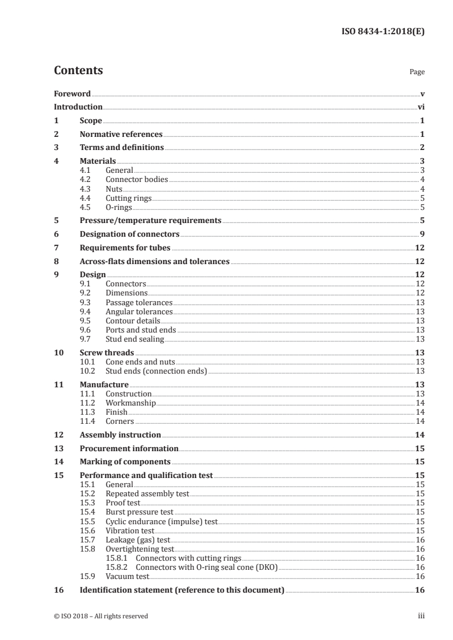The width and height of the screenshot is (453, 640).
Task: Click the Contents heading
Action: tap(78, 71)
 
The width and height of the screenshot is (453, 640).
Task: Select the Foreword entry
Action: tap(72, 94)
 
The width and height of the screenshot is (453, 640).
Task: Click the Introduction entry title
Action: tap(78, 107)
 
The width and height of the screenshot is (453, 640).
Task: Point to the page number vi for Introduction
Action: tap(420, 107)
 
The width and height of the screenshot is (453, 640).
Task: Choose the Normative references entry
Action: tap(121, 135)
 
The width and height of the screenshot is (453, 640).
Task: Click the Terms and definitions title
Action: tap(122, 148)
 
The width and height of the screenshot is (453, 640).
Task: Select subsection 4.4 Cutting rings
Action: tap(129, 199)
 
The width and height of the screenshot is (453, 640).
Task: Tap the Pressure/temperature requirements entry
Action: tap(150, 220)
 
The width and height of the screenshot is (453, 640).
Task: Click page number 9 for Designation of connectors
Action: tap(422, 234)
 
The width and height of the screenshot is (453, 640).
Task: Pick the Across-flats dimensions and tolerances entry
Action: tap(154, 261)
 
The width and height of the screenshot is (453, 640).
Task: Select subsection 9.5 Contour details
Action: tap(133, 321)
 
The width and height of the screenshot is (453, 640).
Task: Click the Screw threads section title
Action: tap(107, 353)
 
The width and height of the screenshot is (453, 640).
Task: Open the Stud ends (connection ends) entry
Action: tap(156, 371)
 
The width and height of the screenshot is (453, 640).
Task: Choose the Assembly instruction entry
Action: tap(120, 435)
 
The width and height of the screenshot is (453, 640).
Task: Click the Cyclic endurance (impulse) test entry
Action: tap(162, 521)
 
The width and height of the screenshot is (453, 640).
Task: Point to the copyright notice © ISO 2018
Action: tap(101, 616)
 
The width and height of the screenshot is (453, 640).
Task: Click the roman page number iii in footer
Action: tap(421, 616)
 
